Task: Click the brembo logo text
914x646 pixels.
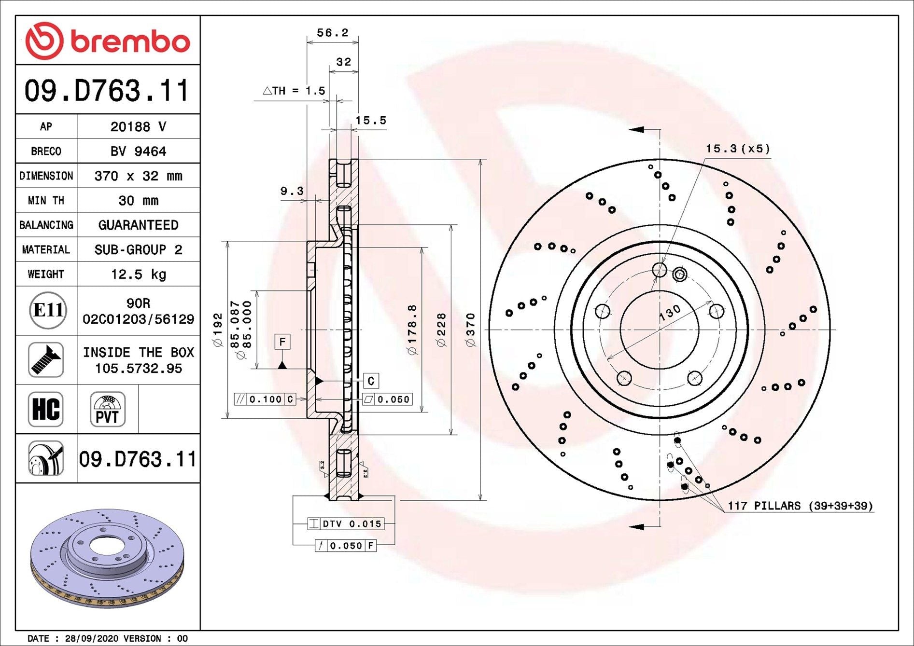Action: click(x=130, y=42)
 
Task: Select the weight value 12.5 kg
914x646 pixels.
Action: click(x=139, y=275)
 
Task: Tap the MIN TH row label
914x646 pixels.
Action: click(x=46, y=200)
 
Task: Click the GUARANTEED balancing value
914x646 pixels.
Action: click(x=139, y=225)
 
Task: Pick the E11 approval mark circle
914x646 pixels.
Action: click(x=48, y=310)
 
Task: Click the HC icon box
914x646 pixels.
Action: click(x=46, y=409)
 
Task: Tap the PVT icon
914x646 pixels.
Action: click(x=108, y=409)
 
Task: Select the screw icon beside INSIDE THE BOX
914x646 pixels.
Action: click(x=46, y=360)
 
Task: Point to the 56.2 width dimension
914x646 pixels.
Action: click(x=332, y=33)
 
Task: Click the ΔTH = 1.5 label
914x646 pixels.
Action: click(x=294, y=91)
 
